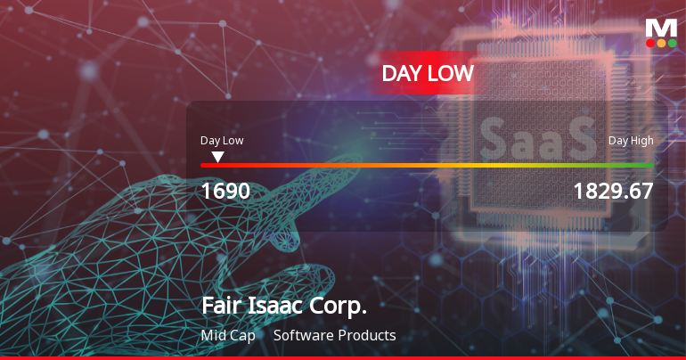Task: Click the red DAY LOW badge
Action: click(428, 73)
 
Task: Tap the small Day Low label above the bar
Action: click(222, 140)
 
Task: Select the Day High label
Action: click(631, 140)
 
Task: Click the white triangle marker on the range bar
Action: click(217, 157)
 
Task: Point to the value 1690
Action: click(225, 191)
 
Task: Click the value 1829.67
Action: click(613, 191)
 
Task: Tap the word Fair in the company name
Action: click(220, 307)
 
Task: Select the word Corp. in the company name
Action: click(337, 307)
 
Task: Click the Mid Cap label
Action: click(228, 336)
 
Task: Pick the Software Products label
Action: click(334, 336)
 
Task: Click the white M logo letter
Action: click(661, 28)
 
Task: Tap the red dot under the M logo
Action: click(650, 43)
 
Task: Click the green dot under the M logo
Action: click(672, 43)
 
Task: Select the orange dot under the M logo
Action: click(661, 43)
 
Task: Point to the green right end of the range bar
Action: click(649, 165)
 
